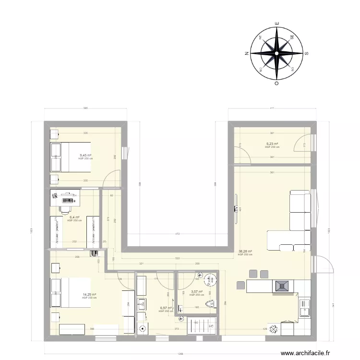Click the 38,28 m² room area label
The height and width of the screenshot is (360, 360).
pyautogui.click(x=245, y=251)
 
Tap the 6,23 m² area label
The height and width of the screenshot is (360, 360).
pyautogui.click(x=272, y=144)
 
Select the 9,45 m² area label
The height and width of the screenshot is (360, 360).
pyautogui.click(x=85, y=155)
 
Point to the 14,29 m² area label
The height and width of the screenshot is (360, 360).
pyautogui.click(x=90, y=295)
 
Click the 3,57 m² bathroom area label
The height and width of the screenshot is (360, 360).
pyautogui.click(x=197, y=291)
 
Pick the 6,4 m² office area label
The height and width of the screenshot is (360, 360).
pyautogui.click(x=74, y=217)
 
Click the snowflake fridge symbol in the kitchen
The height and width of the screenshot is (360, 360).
pyautogui.click(x=274, y=330)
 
